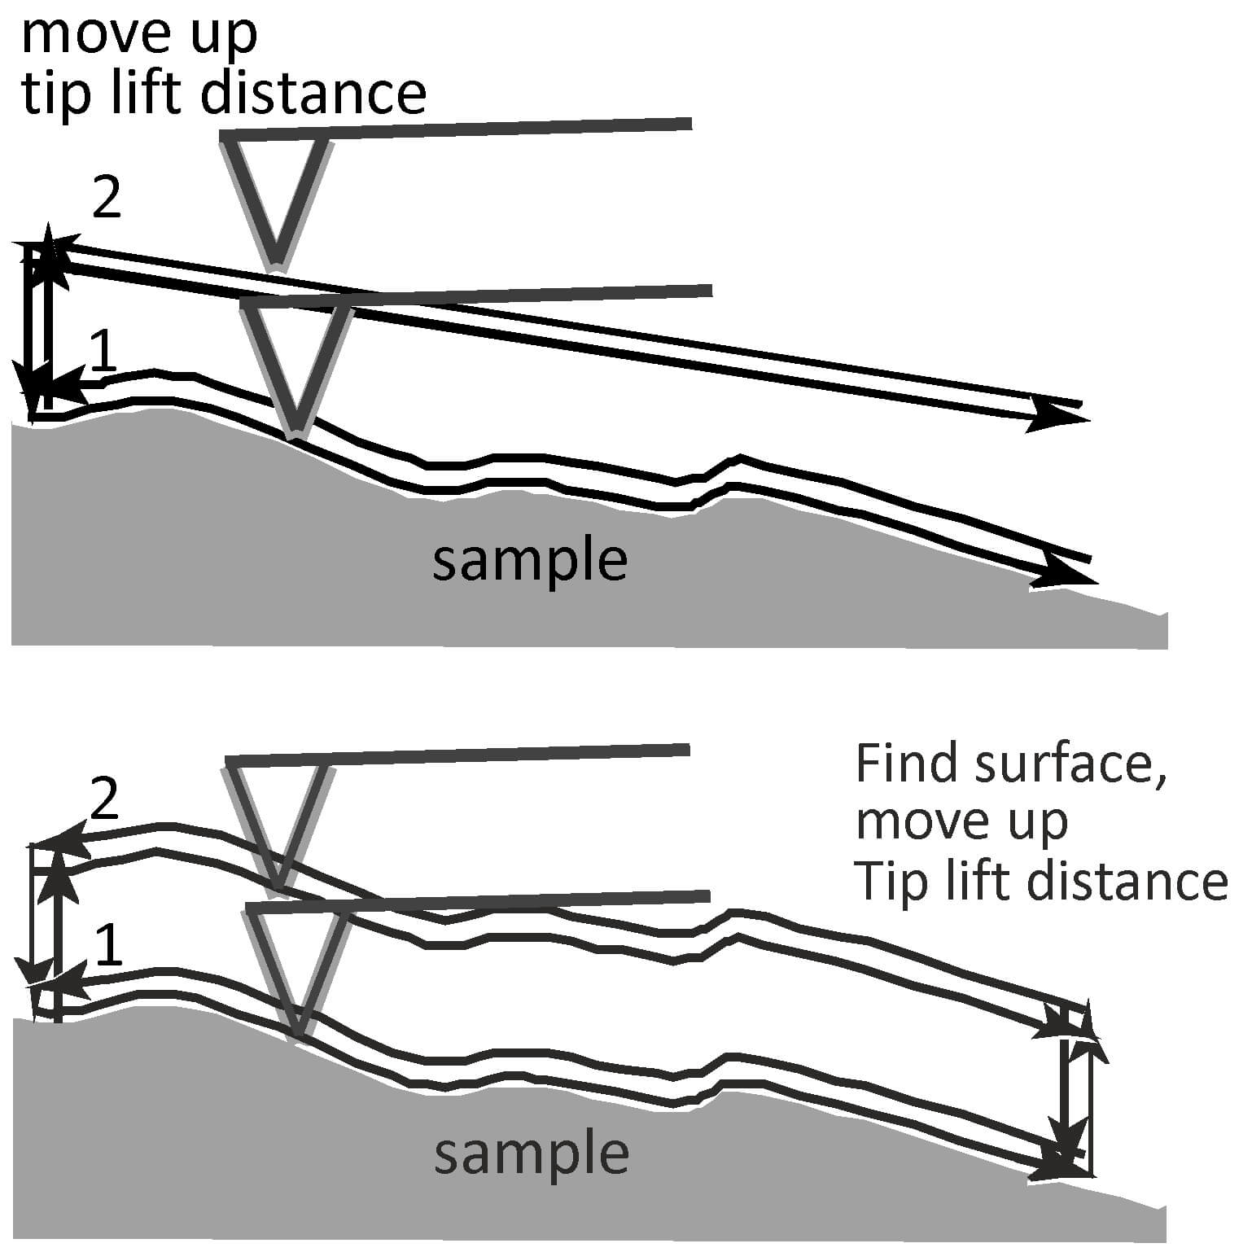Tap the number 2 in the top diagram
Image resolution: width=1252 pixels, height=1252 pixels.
(x=107, y=198)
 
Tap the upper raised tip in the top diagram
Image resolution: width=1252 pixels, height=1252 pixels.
(x=278, y=204)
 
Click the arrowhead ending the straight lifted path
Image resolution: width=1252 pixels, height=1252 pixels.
(x=1062, y=417)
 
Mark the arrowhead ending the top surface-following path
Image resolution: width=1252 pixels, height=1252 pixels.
(x=1066, y=575)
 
